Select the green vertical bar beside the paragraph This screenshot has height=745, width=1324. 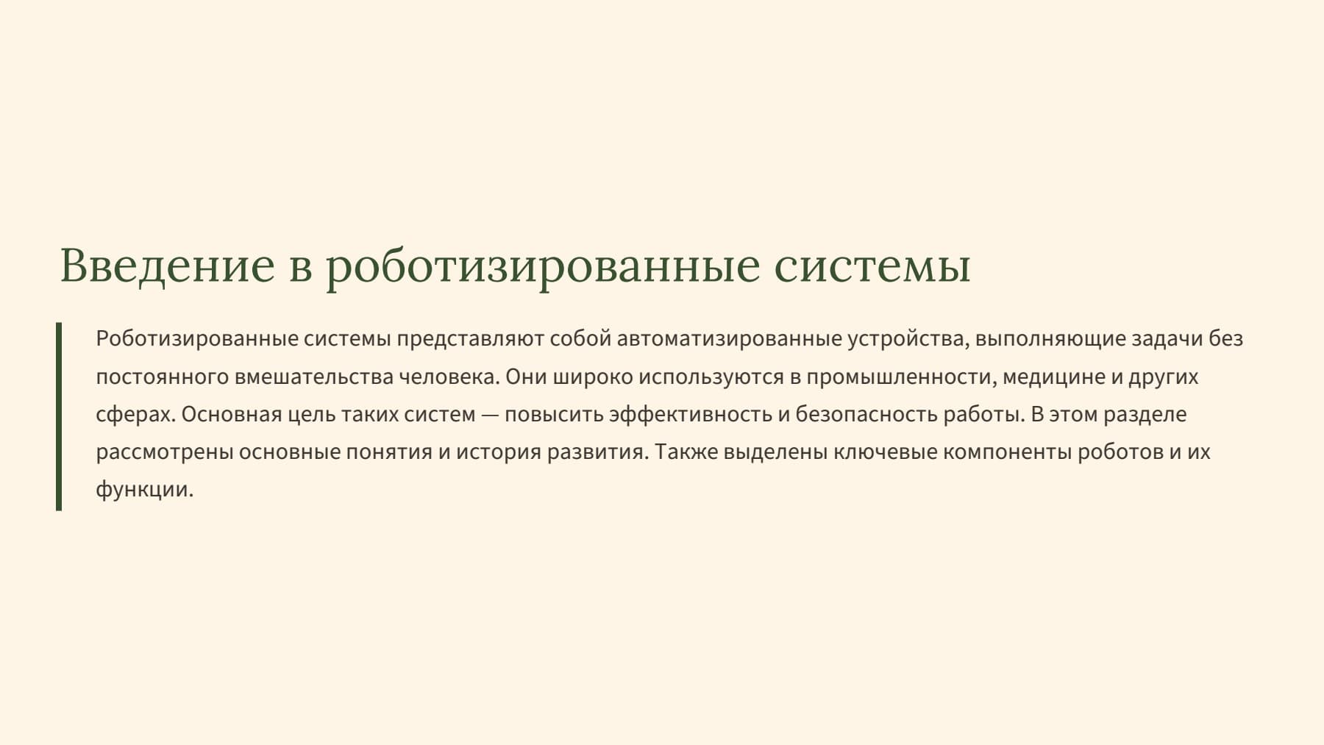coord(59,416)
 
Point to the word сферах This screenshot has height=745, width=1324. coord(135,415)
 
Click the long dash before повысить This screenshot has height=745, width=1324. coord(490,415)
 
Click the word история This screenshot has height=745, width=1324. coord(499,452)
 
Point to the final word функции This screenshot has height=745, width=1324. coord(144,489)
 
